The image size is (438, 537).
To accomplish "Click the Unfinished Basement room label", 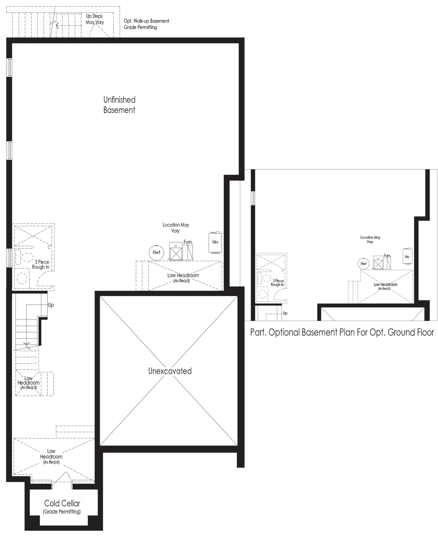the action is click(x=119, y=105).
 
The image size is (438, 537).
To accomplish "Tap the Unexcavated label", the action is click(x=170, y=371).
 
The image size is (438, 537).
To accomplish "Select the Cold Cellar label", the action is click(x=62, y=503).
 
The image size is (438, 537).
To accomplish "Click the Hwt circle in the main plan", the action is click(x=156, y=252).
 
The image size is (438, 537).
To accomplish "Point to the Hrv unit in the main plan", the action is click(x=215, y=242).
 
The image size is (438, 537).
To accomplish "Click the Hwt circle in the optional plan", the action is click(x=363, y=264).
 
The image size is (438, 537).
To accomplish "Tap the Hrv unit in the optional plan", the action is click(x=407, y=256).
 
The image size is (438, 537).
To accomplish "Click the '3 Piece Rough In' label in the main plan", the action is click(x=41, y=264).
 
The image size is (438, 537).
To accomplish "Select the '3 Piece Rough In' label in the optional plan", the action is click(x=277, y=283).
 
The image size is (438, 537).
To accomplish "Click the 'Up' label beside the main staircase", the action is click(x=51, y=305).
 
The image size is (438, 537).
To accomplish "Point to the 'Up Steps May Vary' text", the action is click(x=95, y=19).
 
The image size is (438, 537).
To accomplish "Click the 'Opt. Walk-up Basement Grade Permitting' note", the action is click(x=147, y=24).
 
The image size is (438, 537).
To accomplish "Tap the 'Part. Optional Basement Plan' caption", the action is click(x=342, y=332).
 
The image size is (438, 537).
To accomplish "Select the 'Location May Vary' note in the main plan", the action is click(x=176, y=228).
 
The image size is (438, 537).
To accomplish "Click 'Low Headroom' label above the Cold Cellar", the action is click(x=51, y=456).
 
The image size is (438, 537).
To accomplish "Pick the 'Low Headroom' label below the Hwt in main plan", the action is click(x=183, y=277).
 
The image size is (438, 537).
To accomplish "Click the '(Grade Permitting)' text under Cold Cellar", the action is click(x=62, y=512).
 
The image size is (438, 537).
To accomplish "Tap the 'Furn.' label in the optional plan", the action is click(x=387, y=255).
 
